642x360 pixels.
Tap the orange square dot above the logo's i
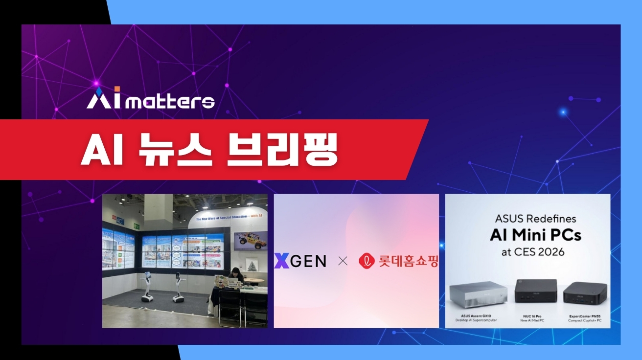click(117, 89)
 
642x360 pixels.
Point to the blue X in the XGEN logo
click(281, 261)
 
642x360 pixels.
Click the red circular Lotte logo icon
click(367, 261)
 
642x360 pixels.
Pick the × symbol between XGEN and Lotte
click(343, 261)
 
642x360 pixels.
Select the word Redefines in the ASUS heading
click(550, 219)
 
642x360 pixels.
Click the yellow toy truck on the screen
click(251, 240)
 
